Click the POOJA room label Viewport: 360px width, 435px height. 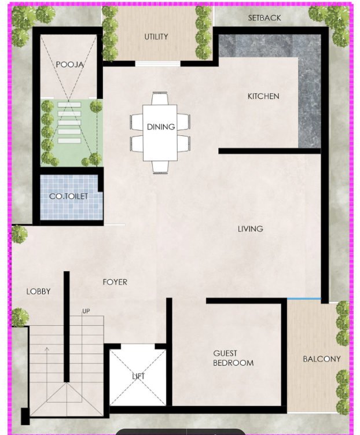[69, 65]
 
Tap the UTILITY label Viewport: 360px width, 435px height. [156, 36]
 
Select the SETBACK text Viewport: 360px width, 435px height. [265, 18]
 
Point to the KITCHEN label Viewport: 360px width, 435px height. [263, 96]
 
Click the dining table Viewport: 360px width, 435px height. [160, 132]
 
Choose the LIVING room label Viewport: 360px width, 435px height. [251, 229]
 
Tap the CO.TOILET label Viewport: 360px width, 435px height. [68, 197]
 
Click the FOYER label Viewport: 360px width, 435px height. [115, 282]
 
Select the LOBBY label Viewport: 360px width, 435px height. [38, 292]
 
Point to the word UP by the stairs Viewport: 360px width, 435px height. [86, 311]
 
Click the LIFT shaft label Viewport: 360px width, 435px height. [138, 377]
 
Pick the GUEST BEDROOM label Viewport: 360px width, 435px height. [233, 358]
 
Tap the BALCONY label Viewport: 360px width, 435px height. [322, 359]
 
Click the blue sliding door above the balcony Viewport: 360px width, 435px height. [304, 299]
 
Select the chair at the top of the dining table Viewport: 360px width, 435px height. [160, 98]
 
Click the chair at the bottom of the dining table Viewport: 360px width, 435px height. [160, 167]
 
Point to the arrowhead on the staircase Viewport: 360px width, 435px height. [47, 349]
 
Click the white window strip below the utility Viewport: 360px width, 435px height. [157, 64]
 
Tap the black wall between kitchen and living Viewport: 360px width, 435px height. [270, 151]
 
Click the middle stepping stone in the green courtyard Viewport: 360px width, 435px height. [69, 123]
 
